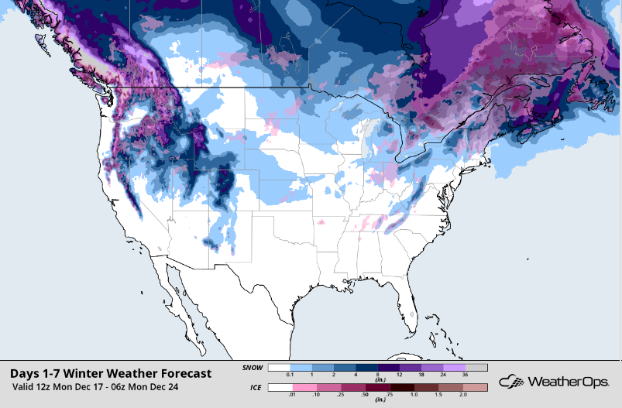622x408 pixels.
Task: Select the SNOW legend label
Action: [253, 367]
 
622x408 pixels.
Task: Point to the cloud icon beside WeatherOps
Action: [512, 381]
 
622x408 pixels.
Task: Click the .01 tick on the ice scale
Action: [291, 395]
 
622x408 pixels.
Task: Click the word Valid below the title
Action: [25, 386]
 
